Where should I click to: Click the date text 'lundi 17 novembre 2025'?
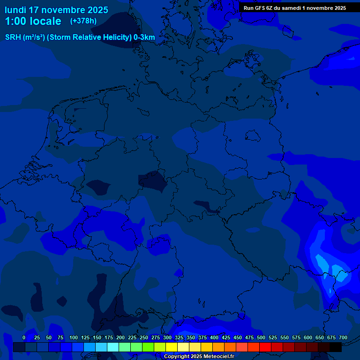click(x=56, y=10)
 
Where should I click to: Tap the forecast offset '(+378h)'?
click(x=83, y=21)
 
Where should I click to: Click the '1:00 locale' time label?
click(x=33, y=21)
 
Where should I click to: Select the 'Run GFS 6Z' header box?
click(x=295, y=8)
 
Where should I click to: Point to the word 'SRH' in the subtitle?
click(x=13, y=37)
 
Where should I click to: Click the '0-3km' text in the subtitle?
click(x=144, y=37)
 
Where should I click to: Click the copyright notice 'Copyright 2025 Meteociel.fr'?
click(x=199, y=357)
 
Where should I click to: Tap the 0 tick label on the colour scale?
click(x=24, y=338)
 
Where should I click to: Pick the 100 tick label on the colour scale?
click(x=74, y=338)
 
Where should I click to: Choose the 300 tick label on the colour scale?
click(x=167, y=338)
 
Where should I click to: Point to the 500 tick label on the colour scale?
click(x=261, y=338)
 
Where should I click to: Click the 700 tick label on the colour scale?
click(x=343, y=338)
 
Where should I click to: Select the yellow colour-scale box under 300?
click(x=172, y=347)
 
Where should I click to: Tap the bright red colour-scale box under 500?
click(x=265, y=347)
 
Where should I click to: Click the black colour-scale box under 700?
click(x=336, y=347)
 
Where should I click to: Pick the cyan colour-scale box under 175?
click(x=113, y=347)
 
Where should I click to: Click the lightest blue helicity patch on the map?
click(x=321, y=261)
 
